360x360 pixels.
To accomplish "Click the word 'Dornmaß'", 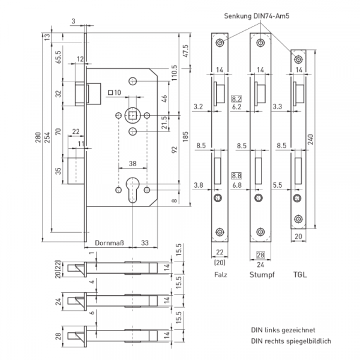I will (x=110, y=242).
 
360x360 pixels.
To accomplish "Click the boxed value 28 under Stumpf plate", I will (x=260, y=254).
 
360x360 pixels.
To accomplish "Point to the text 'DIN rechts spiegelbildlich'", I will (x=291, y=341).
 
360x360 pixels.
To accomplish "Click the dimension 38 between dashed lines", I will (x=133, y=162).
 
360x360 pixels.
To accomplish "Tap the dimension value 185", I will (x=185, y=136).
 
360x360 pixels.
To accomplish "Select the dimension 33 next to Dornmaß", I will (x=145, y=242).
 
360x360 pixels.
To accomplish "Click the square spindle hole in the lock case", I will (x=133, y=115).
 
